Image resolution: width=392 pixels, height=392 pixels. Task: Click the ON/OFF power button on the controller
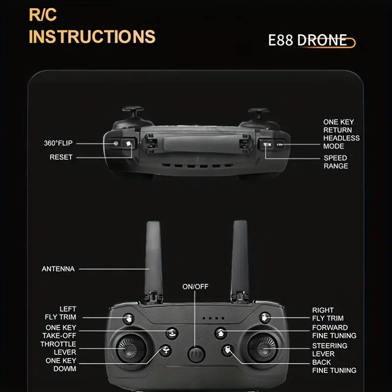coord(196,354)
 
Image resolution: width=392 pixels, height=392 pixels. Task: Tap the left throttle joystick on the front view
coord(131,348)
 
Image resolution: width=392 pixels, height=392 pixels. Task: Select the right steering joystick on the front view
coord(263,348)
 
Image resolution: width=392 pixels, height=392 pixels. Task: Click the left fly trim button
coord(128,319)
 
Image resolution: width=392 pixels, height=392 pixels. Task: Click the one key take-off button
coord(172,333)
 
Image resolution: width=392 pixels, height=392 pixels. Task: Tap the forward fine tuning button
coord(220,333)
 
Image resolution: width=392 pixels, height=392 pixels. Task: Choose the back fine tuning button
coord(227,350)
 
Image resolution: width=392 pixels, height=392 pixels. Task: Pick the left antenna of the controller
coord(153,261)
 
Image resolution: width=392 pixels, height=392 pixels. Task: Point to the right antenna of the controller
coord(240,261)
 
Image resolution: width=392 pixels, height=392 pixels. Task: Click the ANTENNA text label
coord(58,269)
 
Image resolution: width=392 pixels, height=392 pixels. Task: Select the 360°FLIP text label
coord(58,143)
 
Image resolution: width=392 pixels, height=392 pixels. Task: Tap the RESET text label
coord(61,157)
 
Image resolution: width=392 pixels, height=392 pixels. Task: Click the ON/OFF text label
coord(195,287)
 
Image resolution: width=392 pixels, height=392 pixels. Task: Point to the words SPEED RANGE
coord(336,162)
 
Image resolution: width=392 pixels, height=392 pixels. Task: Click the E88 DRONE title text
coord(308,40)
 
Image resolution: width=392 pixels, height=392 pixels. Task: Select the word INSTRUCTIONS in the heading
coord(92,36)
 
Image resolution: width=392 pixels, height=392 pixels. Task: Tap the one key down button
coord(166,350)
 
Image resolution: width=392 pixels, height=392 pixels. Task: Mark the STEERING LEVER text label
coord(330,350)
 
